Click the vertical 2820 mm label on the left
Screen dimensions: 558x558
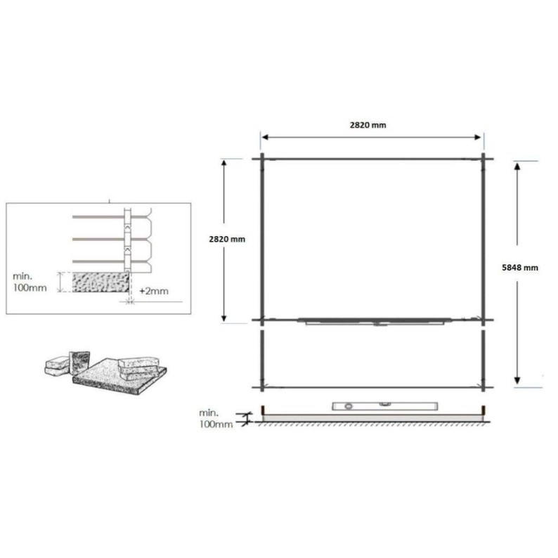click(x=227, y=239)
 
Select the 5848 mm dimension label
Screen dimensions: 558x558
click(x=521, y=267)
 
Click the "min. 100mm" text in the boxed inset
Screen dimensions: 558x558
click(x=32, y=282)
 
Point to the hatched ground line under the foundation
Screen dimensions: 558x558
click(x=372, y=423)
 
